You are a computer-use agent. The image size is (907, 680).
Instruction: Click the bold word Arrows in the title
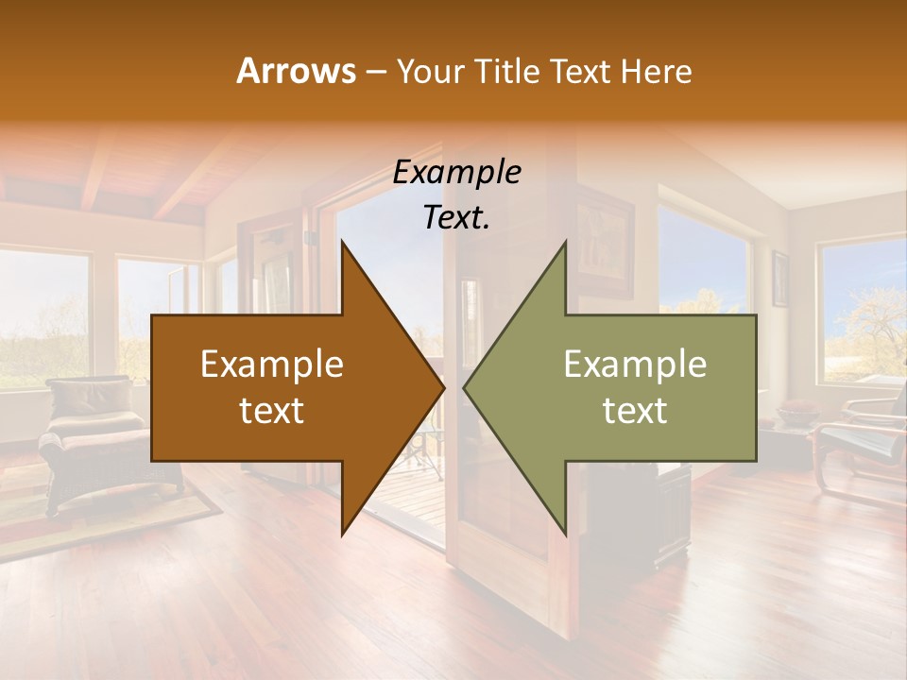pyautogui.click(x=296, y=71)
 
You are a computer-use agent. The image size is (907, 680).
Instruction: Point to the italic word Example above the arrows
pyautogui.click(x=456, y=172)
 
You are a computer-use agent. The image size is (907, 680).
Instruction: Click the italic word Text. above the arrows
pyautogui.click(x=456, y=217)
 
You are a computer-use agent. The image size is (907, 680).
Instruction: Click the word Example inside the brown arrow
pyautogui.click(x=272, y=364)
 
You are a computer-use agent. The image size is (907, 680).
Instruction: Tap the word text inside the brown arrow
pyautogui.click(x=272, y=411)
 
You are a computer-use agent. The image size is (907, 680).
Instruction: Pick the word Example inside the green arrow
pyautogui.click(x=635, y=364)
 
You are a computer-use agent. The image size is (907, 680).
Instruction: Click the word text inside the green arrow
pyautogui.click(x=635, y=411)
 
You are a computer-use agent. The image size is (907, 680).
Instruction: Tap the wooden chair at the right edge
pyautogui.click(x=860, y=444)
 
